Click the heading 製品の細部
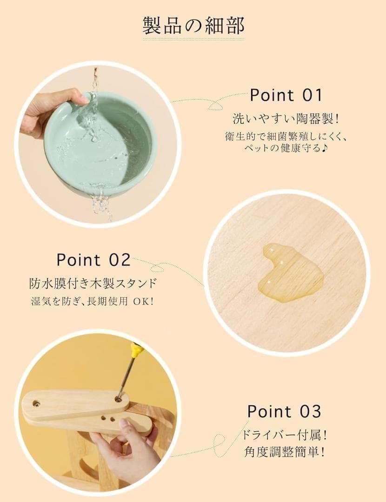[x=193, y=25]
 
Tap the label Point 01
[x=286, y=95]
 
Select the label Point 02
[x=93, y=260]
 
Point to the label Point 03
[x=284, y=411]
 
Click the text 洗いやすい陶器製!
[x=286, y=119]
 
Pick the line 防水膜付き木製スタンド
[x=93, y=284]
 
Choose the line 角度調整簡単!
[x=284, y=452]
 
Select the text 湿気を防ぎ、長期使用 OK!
[x=92, y=301]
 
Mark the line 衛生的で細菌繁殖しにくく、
[x=285, y=137]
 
